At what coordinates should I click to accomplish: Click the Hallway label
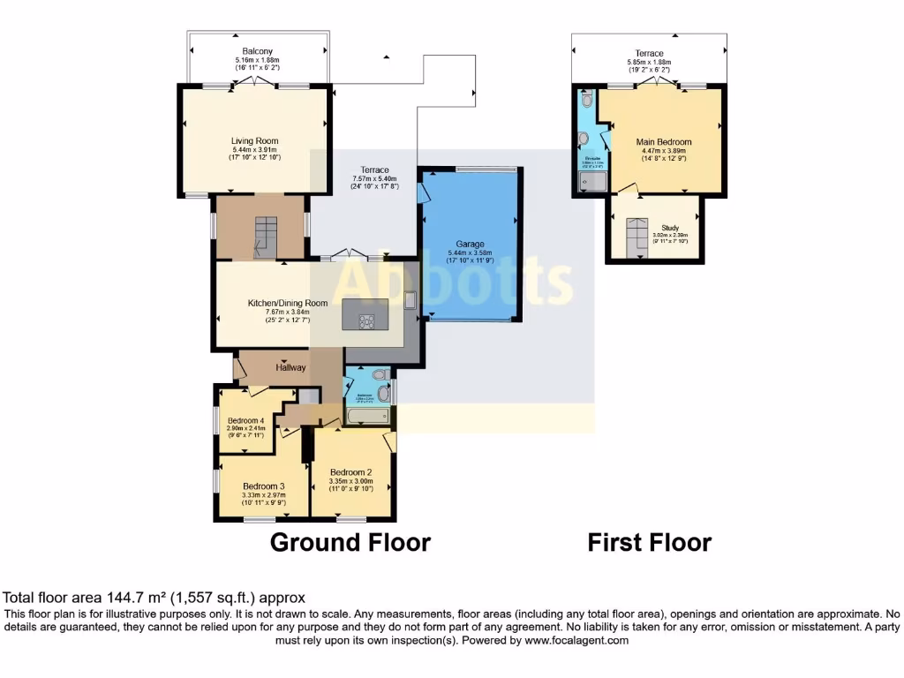(x=290, y=367)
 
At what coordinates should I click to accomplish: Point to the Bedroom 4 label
(x=246, y=420)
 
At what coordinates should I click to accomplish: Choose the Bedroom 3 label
(x=263, y=486)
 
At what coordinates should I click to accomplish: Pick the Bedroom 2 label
(x=351, y=471)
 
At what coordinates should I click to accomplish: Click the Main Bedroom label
(x=663, y=141)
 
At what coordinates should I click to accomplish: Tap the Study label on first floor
(x=670, y=227)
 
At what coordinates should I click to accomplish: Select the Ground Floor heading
(x=350, y=542)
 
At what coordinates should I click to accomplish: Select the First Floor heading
(x=649, y=542)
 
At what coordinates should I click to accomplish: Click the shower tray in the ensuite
(x=588, y=182)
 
